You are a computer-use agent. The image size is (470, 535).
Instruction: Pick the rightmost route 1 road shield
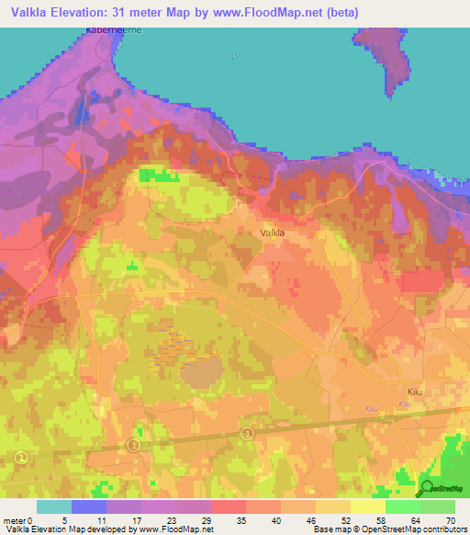tap(246, 433)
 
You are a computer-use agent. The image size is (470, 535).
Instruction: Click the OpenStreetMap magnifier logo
tap(425, 489)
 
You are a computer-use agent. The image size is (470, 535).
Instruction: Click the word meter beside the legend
tap(17, 519)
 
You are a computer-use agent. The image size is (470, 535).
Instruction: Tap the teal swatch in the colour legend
tap(54, 507)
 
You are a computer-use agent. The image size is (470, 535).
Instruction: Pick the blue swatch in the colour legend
tap(89, 507)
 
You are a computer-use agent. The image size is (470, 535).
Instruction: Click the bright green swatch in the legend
tap(402, 507)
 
